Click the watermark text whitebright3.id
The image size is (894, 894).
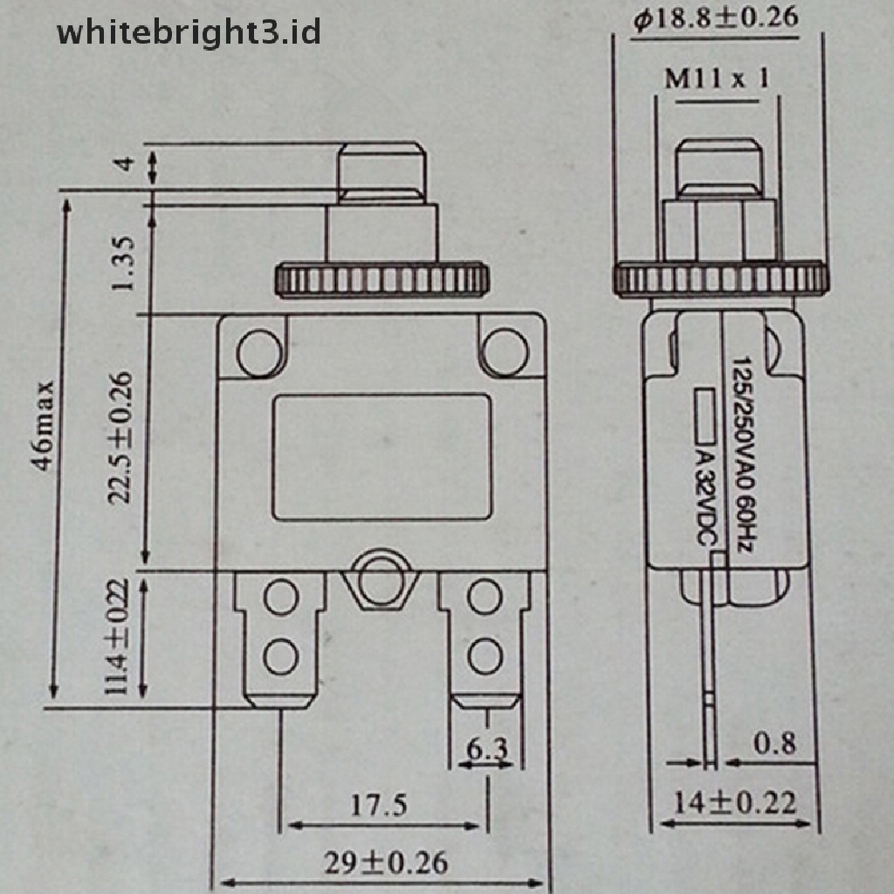pyautogui.click(x=189, y=33)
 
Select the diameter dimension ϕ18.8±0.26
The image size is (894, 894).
pyautogui.click(x=716, y=19)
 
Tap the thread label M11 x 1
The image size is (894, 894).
pyautogui.click(x=717, y=78)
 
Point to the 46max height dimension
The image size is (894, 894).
pyautogui.click(x=44, y=426)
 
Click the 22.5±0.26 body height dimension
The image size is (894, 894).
pyautogui.click(x=120, y=438)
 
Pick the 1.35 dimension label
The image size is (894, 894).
pyautogui.click(x=122, y=264)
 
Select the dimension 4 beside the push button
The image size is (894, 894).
pyautogui.click(x=124, y=163)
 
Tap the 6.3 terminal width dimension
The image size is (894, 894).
pyautogui.click(x=486, y=748)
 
